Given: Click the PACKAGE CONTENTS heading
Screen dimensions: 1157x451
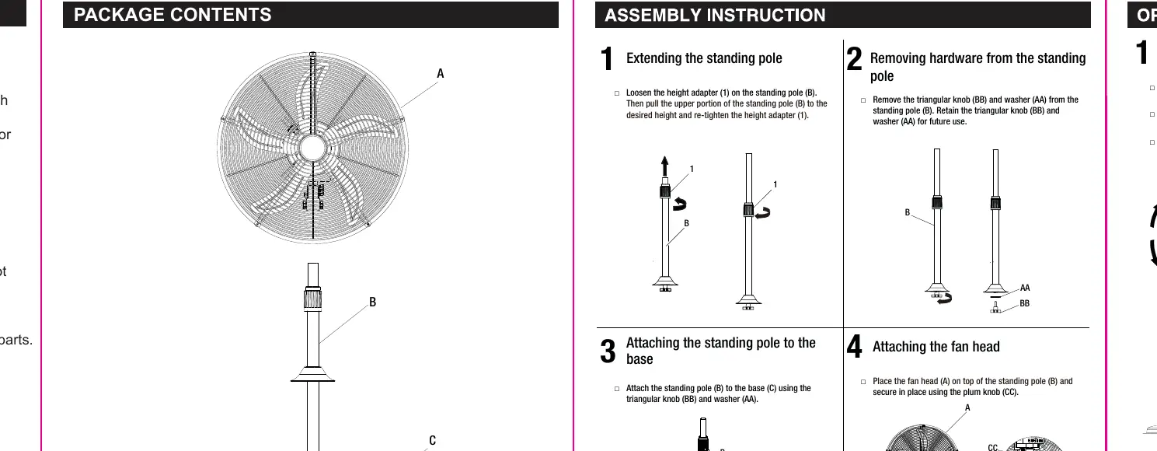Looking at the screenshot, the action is (x=173, y=15).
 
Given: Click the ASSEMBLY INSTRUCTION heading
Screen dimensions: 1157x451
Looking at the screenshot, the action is (x=715, y=16).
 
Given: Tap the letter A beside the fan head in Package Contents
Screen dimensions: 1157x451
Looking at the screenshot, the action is (x=440, y=73).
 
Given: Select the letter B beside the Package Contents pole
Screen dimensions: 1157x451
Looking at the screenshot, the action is (x=372, y=302).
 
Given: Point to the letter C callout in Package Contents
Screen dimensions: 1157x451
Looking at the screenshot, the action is (x=432, y=441).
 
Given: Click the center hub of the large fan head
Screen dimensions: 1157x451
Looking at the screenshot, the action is (x=312, y=149).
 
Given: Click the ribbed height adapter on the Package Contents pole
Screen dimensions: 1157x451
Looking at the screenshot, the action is (x=312, y=300).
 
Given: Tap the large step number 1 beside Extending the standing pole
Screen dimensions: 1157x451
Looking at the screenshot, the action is (x=607, y=58).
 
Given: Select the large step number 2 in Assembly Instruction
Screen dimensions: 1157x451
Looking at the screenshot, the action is (x=854, y=58).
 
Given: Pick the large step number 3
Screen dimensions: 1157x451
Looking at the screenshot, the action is (x=608, y=351).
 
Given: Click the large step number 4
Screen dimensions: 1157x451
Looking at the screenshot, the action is (x=854, y=346).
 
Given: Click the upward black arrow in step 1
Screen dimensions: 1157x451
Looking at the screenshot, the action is (x=665, y=166).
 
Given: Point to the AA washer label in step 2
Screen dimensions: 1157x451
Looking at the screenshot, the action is (x=1025, y=288).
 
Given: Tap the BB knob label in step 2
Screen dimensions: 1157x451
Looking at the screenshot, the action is (x=1025, y=303).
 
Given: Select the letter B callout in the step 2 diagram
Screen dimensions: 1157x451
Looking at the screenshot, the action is (x=907, y=212).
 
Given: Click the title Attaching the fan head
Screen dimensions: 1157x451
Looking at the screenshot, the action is (x=936, y=347).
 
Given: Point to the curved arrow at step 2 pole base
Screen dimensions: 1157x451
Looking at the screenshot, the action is (x=945, y=298).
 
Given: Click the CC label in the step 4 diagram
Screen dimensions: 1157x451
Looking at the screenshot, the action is (x=993, y=447).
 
